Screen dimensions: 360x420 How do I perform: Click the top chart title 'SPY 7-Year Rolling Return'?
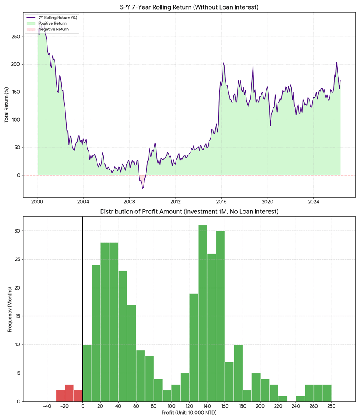156,7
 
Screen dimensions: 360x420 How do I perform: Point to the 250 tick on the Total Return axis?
16,37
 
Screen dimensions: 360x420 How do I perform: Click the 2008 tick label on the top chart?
129,202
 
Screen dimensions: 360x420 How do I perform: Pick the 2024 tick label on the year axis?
313,202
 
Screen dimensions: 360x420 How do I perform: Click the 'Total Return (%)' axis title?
6,105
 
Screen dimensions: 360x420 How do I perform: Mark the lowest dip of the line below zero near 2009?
143,188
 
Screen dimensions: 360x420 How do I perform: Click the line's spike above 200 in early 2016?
223,63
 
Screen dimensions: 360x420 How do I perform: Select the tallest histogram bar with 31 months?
203,313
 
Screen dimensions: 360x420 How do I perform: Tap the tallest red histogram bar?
69,393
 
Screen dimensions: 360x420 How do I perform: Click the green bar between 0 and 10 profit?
87,373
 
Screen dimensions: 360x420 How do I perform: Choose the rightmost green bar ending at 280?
327,393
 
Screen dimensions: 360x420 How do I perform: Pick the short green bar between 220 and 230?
283,399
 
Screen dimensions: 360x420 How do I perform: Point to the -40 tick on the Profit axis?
47,406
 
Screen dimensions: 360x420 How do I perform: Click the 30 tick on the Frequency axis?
17,231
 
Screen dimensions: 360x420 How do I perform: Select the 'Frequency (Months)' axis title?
10,309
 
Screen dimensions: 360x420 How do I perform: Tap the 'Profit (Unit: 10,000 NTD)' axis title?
189,413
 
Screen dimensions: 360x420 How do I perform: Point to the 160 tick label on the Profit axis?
225,406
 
